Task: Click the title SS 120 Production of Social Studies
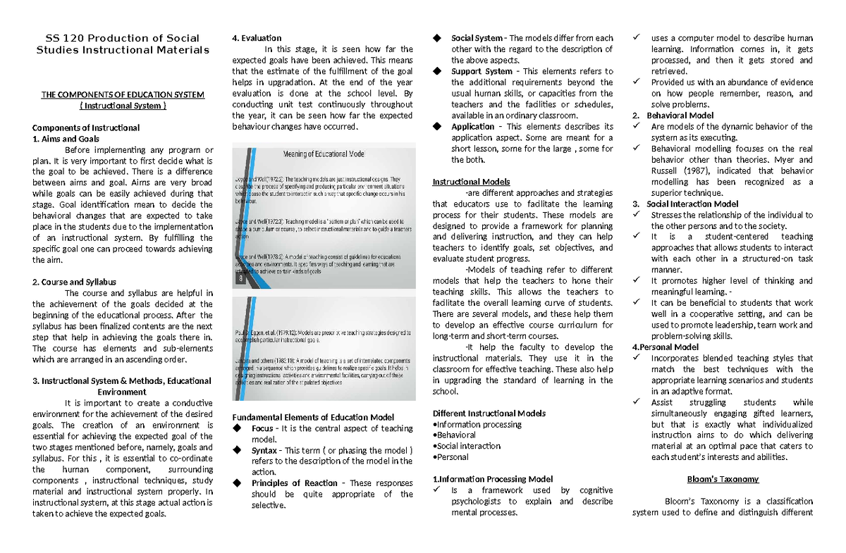123,44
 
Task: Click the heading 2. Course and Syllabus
74,282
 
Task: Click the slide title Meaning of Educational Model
324,154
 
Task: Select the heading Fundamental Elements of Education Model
313,417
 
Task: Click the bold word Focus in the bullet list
263,428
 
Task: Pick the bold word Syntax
265,450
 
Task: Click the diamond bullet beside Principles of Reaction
237,483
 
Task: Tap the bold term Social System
477,38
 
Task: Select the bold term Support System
482,71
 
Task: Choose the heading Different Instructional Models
489,413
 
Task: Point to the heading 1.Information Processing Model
492,479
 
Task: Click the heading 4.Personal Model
665,347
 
